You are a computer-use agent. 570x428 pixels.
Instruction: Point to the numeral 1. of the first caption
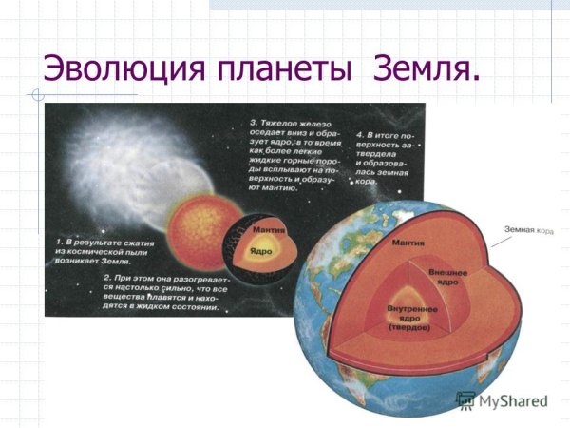point(58,245)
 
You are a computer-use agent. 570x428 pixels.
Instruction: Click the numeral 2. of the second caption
point(107,276)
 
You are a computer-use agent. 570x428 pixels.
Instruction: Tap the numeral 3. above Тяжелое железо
point(253,124)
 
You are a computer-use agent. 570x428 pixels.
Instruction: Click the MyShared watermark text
point(514,401)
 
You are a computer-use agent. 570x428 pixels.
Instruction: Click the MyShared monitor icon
point(465,400)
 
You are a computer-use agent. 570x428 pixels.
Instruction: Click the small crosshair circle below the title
point(35,94)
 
